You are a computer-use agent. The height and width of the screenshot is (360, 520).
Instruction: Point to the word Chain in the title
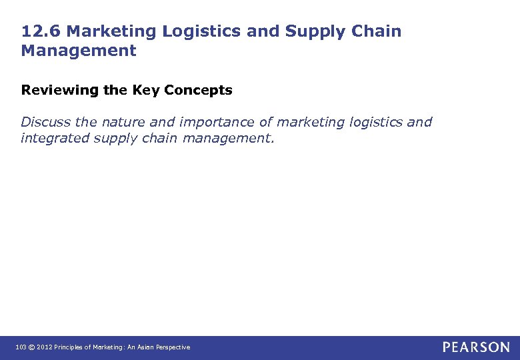[x=378, y=31]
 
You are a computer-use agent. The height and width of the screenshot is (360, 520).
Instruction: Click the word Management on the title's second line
[x=79, y=51]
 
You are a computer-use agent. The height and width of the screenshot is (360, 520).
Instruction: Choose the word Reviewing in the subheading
[x=61, y=90]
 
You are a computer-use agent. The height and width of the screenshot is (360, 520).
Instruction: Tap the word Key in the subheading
[x=145, y=90]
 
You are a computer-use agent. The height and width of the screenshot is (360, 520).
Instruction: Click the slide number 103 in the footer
[x=21, y=347]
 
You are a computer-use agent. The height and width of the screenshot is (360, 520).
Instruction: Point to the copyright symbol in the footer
[x=31, y=347]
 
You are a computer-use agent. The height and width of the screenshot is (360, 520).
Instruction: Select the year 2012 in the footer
[x=43, y=347]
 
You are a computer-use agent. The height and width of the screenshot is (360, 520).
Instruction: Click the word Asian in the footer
[x=148, y=347]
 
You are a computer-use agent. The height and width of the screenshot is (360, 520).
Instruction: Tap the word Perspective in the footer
[x=175, y=347]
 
